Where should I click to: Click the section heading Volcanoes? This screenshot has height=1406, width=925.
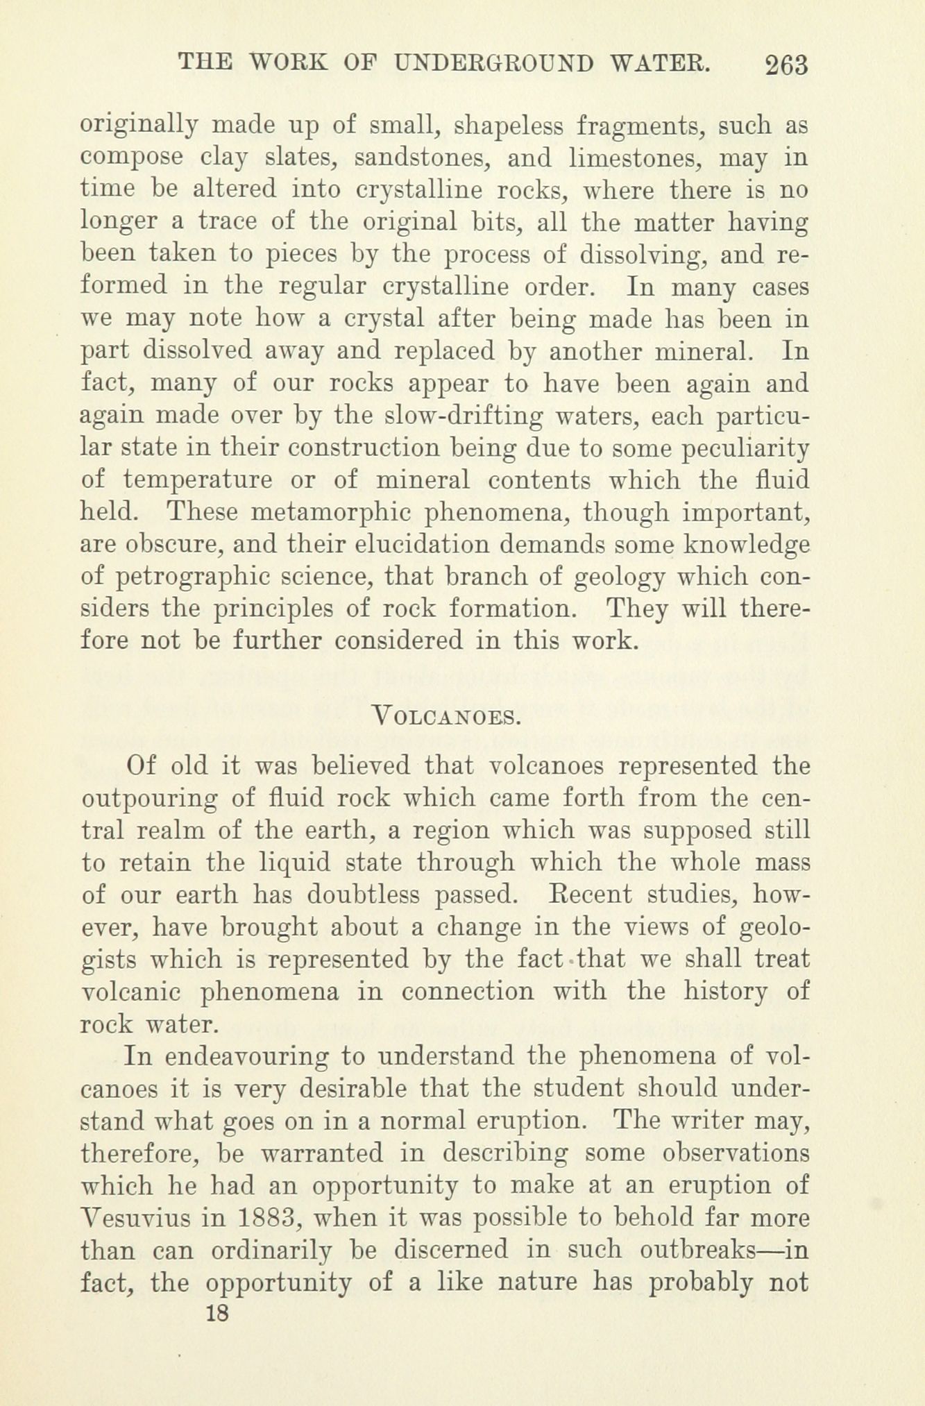pyautogui.click(x=446, y=714)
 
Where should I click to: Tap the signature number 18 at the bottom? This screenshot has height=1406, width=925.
pyautogui.click(x=217, y=1313)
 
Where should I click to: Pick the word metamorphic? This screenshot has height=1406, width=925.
pyautogui.click(x=333, y=512)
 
